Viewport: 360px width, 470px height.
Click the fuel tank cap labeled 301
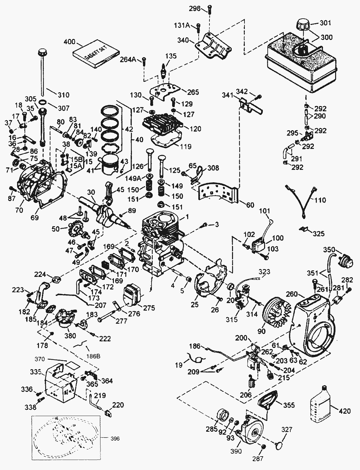click(303, 25)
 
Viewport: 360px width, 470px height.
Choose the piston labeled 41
click(110, 165)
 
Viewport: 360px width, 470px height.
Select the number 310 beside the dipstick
click(63, 95)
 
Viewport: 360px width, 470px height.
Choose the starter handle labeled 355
click(268, 401)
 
